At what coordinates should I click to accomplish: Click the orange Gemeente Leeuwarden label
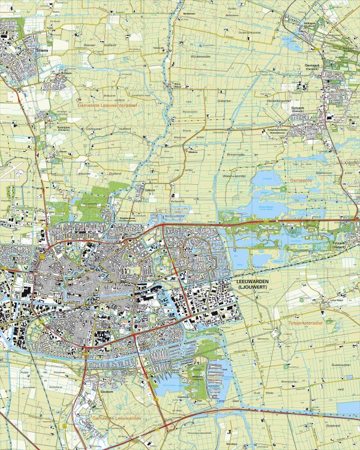click(x=117, y=418)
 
